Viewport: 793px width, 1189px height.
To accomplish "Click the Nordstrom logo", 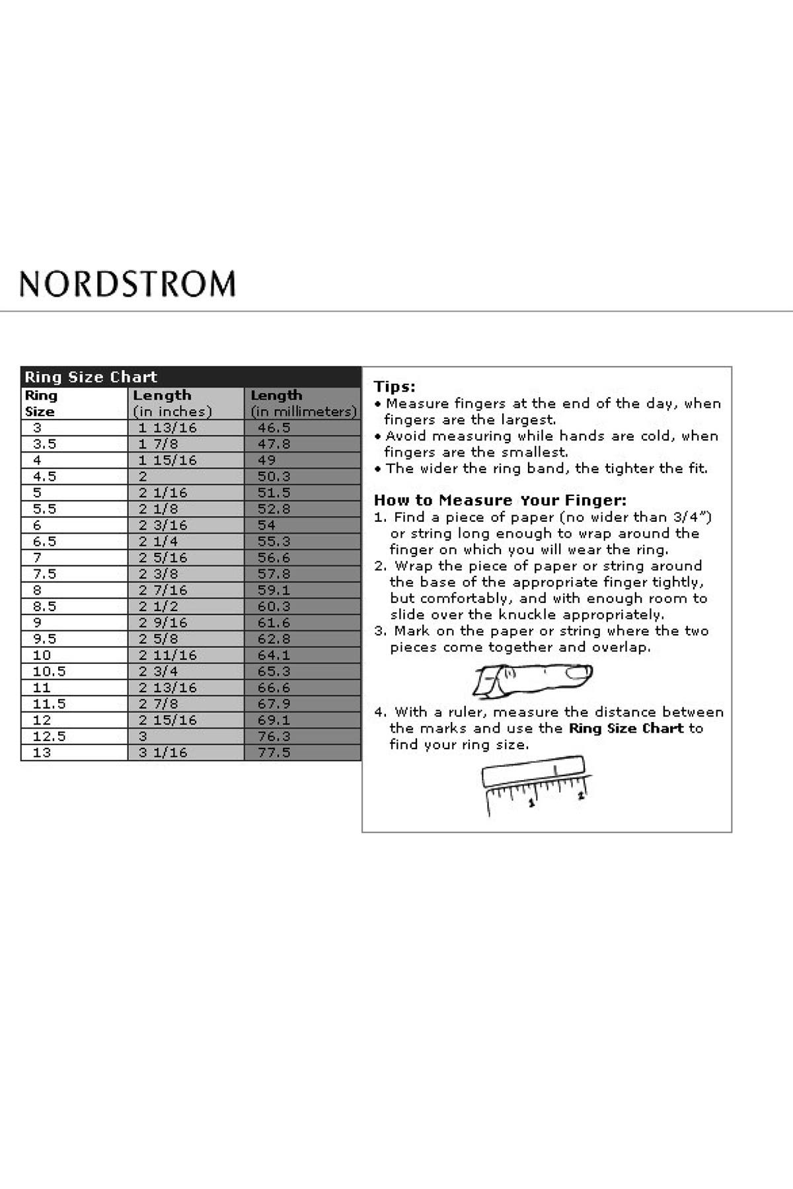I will tap(128, 283).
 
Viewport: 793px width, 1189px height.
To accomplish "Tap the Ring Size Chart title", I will tap(91, 377).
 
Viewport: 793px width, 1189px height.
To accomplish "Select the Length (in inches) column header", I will tap(172, 403).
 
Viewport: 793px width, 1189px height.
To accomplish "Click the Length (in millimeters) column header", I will tap(303, 403).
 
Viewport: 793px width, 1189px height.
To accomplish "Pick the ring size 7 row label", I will tap(37, 558).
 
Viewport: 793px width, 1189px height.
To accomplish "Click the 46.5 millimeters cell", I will tap(274, 428).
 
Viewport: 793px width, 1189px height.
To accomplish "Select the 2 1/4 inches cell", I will tap(158, 542).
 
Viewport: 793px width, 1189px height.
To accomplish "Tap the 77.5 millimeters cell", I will tap(274, 752).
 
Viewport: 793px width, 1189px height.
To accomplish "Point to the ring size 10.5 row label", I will tap(49, 671).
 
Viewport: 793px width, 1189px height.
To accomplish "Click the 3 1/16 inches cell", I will tap(163, 752).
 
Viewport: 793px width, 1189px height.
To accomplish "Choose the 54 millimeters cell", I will tap(266, 525).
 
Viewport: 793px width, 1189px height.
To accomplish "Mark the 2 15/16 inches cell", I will tap(167, 720).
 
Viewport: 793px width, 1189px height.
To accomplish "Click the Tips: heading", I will tap(395, 387).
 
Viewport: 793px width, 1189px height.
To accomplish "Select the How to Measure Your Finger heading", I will tap(500, 500).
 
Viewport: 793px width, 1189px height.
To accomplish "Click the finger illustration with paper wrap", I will tap(533, 678).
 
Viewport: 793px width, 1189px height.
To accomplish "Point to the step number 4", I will tap(380, 712).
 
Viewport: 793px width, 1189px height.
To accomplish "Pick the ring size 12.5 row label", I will tap(49, 737).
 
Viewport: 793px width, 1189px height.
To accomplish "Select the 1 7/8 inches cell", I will tap(158, 444).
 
